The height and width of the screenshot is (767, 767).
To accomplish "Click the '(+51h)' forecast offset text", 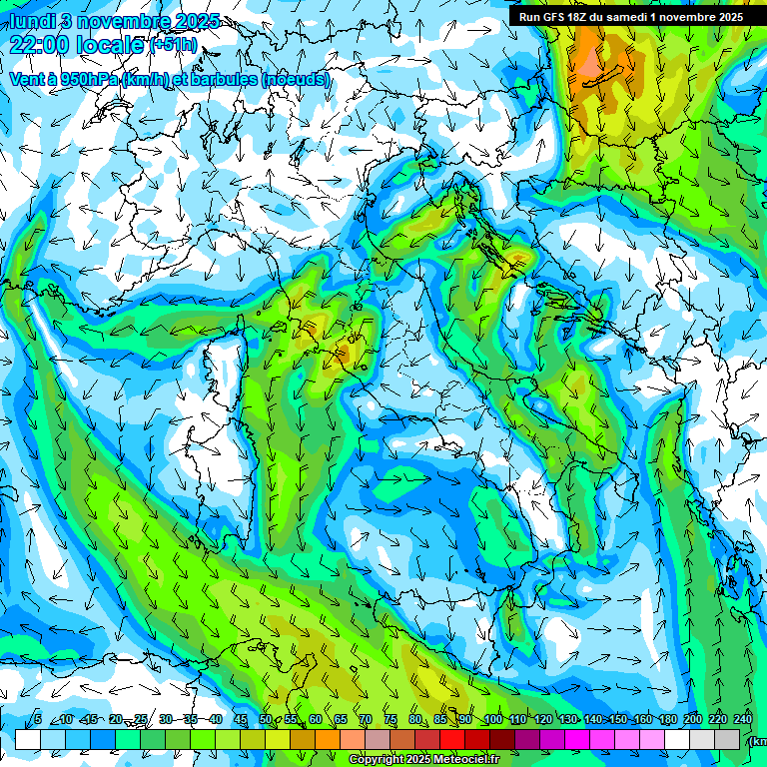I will tap(173, 45).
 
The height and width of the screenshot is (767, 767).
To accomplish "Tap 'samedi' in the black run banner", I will tap(632, 17).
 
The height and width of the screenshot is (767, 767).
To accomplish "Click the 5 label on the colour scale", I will tap(38, 719).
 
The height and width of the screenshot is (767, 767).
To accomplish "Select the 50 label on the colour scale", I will tap(265, 719).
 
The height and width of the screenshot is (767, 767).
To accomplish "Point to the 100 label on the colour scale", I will tap(492, 719).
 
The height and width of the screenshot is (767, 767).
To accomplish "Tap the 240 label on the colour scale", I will tap(743, 719).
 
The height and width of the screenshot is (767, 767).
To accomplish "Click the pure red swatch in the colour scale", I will tap(452, 739).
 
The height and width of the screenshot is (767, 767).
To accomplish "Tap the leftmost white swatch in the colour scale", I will tap(28, 739).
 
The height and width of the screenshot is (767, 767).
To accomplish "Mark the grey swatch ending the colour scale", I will tap(728, 739).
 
